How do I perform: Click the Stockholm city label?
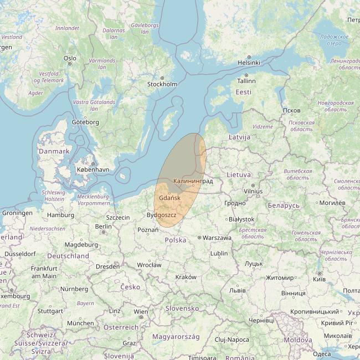(162, 84)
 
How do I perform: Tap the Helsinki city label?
(249, 63)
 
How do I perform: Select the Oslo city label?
(70, 58)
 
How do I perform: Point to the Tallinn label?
(246, 81)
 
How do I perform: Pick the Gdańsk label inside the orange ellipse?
(169, 198)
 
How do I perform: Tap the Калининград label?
(193, 181)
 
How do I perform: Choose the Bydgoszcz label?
(162, 215)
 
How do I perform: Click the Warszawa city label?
(217, 238)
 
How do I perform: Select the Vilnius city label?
(253, 191)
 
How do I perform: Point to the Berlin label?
(103, 226)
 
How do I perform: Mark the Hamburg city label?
(61, 215)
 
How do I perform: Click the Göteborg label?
(85, 122)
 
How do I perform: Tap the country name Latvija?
(239, 137)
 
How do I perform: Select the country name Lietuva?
(239, 174)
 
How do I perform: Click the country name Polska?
(176, 240)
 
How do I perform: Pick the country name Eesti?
(243, 92)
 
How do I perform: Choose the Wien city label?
(141, 312)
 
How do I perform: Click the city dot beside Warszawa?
(199, 238)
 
